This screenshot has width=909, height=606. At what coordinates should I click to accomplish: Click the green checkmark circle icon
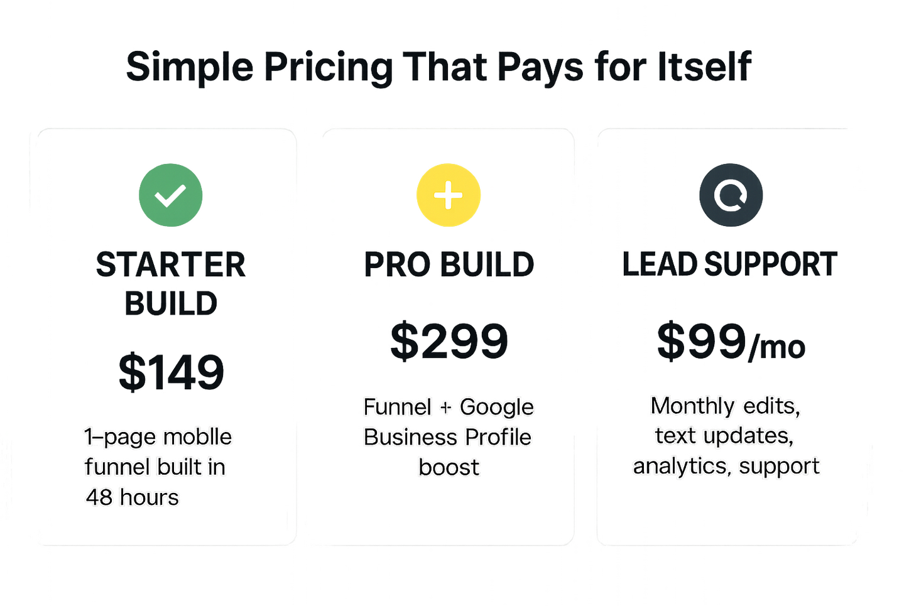(171, 195)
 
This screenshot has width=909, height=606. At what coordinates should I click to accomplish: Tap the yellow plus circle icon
(449, 195)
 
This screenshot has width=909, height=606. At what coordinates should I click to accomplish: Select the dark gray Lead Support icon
(731, 195)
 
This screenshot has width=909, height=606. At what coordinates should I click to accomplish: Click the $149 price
(171, 372)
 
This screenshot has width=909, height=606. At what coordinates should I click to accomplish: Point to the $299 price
(449, 341)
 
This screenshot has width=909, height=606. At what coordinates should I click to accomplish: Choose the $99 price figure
(702, 341)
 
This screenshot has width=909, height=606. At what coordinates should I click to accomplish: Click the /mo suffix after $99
(777, 347)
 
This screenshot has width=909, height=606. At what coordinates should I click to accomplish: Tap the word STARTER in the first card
(171, 264)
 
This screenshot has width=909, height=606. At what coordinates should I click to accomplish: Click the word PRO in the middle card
(396, 264)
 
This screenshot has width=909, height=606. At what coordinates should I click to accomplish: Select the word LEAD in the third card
(659, 264)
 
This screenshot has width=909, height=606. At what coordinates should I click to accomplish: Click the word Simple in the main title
(190, 67)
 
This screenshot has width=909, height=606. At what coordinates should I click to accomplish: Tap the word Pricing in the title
(328, 67)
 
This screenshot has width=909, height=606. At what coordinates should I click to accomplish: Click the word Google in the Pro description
(496, 408)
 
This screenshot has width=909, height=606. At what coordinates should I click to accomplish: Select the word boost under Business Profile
(449, 467)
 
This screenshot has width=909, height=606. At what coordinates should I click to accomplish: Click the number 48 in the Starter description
(99, 497)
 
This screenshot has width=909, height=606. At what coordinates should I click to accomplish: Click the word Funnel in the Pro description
(398, 407)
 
